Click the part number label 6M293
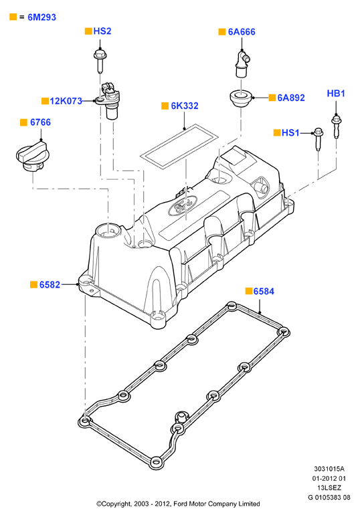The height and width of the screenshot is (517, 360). click(x=41, y=17)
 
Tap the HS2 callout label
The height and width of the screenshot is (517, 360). click(x=102, y=31)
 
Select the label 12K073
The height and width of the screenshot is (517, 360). click(x=66, y=101)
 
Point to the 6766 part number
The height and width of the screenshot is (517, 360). click(x=41, y=122)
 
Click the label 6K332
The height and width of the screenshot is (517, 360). click(x=185, y=106)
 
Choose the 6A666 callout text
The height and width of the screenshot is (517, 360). click(x=242, y=32)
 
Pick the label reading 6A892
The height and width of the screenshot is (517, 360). click(x=291, y=98)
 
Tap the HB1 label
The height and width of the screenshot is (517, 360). click(x=336, y=94)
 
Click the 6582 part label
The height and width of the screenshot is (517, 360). click(x=50, y=284)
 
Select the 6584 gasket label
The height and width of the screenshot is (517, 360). click(x=264, y=292)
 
